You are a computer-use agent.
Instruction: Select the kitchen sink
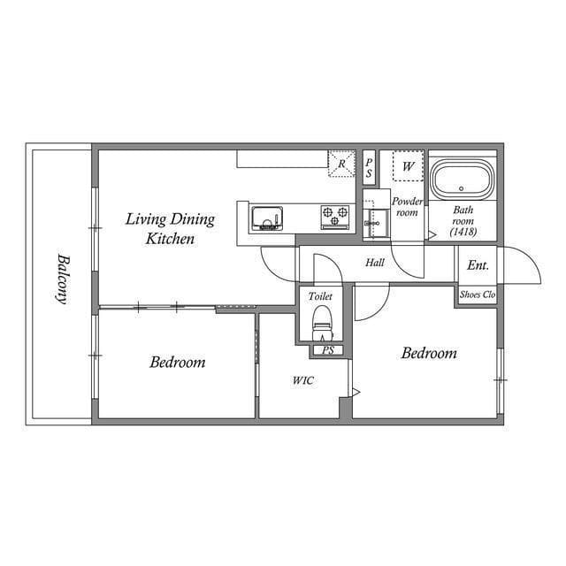265,217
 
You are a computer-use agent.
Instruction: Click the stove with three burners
335,215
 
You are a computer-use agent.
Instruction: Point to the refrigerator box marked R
341,164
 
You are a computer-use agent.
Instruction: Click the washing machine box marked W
408,165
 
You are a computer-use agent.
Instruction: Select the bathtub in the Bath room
462,181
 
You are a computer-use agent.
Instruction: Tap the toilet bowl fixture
323,324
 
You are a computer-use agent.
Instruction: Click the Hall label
375,263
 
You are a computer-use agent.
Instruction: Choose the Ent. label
478,264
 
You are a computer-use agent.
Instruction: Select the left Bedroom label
177,362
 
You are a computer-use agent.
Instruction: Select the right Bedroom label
429,354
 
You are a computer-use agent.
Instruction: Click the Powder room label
407,207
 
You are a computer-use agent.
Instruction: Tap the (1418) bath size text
463,232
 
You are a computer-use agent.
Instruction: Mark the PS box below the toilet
327,350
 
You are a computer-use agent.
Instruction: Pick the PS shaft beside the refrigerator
369,165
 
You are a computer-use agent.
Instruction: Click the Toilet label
320,298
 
